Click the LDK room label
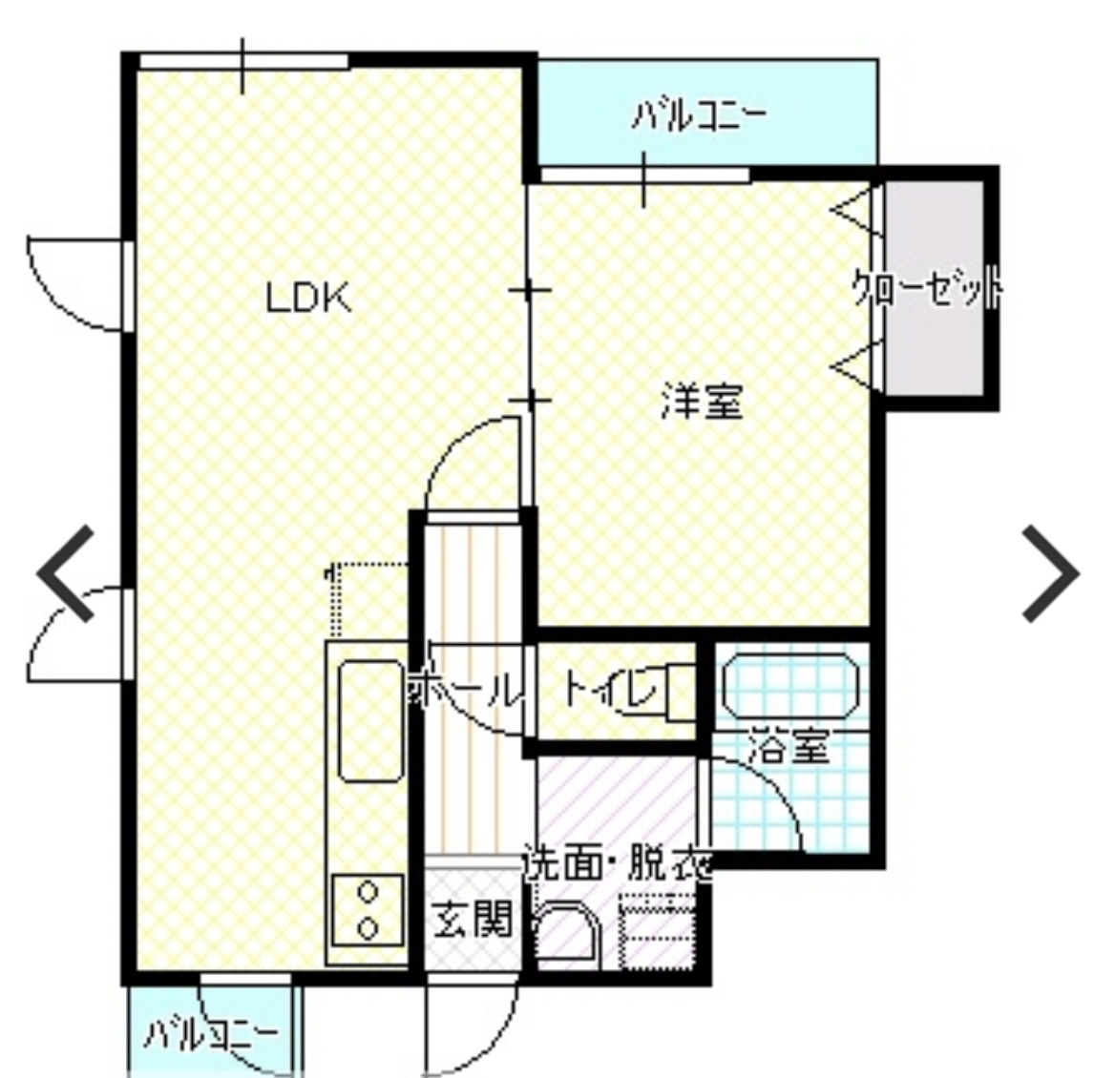(308, 298)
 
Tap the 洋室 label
(702, 402)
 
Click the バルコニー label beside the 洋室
(700, 117)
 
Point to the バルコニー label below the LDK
(211, 1034)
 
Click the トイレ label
(611, 687)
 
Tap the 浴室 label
(788, 748)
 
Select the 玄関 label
(473, 921)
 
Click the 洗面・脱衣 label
(619, 866)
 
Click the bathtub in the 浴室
(790, 685)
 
